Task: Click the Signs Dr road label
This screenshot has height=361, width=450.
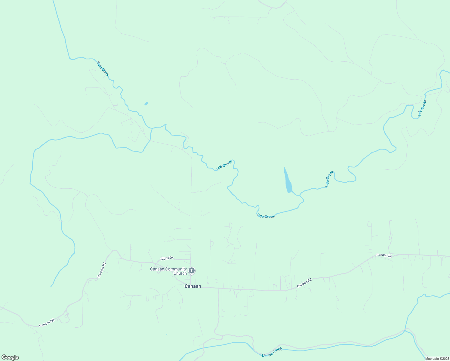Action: (167, 258)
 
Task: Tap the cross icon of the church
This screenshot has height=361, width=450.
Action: (191, 271)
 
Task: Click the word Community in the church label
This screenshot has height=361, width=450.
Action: (175, 269)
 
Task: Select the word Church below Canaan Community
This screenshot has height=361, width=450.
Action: (180, 273)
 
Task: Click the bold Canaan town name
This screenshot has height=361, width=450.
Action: (193, 286)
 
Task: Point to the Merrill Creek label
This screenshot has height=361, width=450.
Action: (272, 352)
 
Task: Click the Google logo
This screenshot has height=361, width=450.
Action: (10, 357)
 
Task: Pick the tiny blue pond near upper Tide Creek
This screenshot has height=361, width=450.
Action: (146, 103)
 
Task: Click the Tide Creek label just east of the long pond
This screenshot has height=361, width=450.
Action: (329, 179)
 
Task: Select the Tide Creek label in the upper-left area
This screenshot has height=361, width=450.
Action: (103, 69)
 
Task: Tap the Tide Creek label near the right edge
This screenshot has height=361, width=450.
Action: (422, 108)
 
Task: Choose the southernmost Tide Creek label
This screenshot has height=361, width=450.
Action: (266, 216)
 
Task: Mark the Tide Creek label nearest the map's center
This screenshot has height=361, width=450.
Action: (224, 165)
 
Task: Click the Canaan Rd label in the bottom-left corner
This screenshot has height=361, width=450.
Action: (47, 323)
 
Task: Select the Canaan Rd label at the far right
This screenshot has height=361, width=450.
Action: (384, 255)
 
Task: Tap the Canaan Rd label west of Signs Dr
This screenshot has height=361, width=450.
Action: (102, 270)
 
